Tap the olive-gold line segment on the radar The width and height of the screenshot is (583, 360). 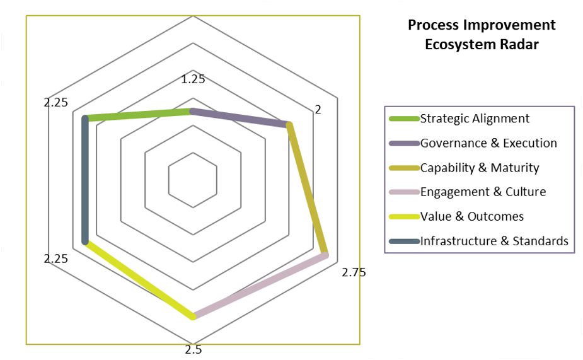308,189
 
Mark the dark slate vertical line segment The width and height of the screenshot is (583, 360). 85,180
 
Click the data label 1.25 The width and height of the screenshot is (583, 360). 193,79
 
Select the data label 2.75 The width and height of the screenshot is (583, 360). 354,272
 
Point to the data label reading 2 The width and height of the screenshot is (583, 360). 318,109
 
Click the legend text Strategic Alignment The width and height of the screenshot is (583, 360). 475,119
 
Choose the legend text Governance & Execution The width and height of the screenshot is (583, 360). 488,143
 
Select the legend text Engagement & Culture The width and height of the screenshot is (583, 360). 483,192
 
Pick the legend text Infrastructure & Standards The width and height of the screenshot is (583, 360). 494,241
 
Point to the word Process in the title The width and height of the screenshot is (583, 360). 434,25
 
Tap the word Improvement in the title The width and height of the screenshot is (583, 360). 510,25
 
